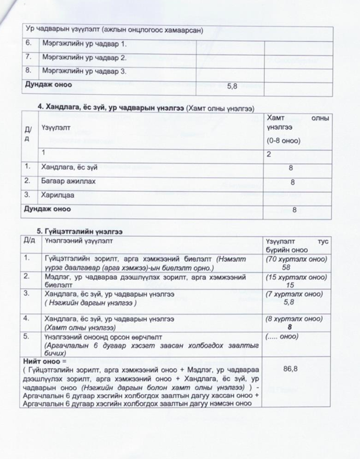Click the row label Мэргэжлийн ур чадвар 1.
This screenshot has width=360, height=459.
point(84,44)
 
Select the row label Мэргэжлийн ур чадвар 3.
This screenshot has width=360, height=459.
point(84,71)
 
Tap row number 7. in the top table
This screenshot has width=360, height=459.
point(28,58)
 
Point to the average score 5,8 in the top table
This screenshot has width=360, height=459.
point(233,86)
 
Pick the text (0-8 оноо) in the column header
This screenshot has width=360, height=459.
point(284,140)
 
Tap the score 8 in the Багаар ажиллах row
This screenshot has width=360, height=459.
point(292,182)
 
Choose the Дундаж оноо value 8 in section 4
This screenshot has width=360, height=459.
point(294,210)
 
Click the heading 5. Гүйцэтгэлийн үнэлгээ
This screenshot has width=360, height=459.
point(75,231)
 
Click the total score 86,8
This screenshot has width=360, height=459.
point(291,370)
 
